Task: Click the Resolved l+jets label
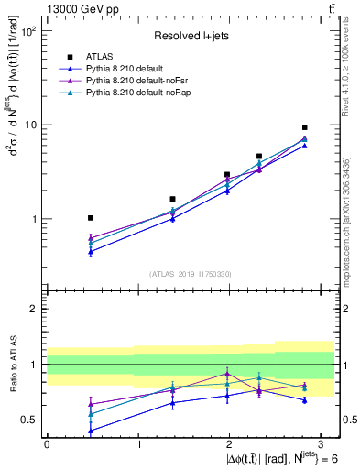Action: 191,37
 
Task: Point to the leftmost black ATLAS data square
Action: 90,218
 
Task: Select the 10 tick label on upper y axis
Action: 29,125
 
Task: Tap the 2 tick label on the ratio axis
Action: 32,309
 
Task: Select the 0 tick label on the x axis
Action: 47,444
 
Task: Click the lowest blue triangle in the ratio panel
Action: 90,431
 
